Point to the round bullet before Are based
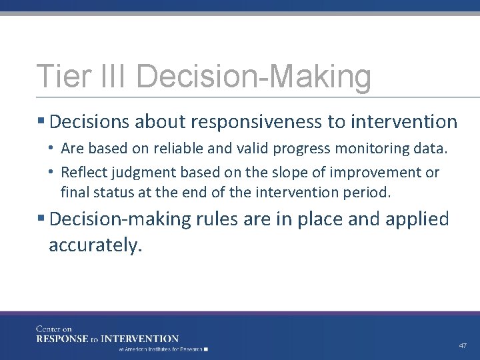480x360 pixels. coord(51,148)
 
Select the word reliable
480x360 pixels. coord(190,148)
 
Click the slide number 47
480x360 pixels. coord(463,346)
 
